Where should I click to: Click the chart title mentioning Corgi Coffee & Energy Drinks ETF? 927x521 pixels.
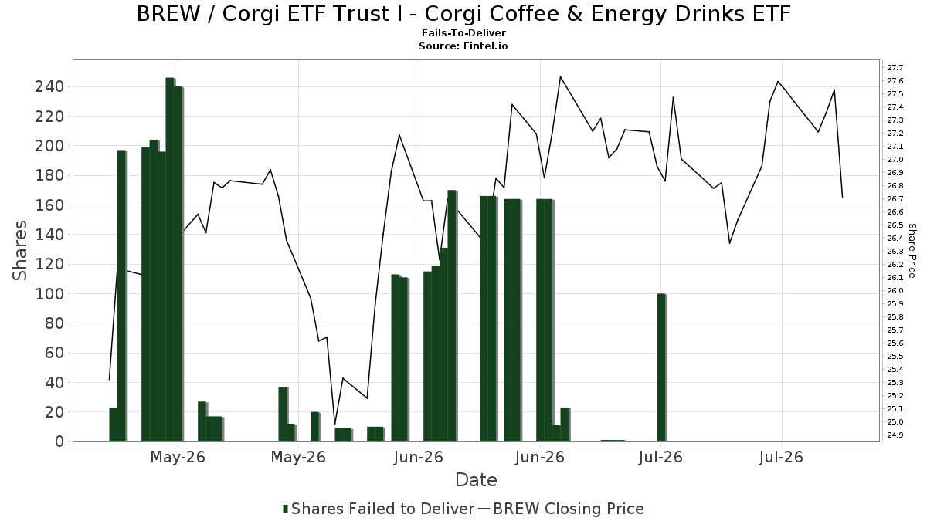pyautogui.click(x=463, y=14)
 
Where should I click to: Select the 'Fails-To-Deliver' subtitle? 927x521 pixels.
pyautogui.click(x=463, y=32)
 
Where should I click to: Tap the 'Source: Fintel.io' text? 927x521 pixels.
pyautogui.click(x=463, y=46)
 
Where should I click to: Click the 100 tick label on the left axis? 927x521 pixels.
pyautogui.click(x=55, y=294)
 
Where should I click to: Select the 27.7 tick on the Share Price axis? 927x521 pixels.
pyautogui.click(x=894, y=67)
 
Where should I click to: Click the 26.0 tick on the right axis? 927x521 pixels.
pyautogui.click(x=894, y=291)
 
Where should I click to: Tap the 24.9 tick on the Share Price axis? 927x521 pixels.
pyautogui.click(x=894, y=435)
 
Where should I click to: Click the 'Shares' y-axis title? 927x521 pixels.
pyautogui.click(x=19, y=251)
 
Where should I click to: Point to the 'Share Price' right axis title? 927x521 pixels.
pyautogui.click(x=912, y=251)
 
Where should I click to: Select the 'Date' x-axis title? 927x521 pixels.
pyautogui.click(x=476, y=480)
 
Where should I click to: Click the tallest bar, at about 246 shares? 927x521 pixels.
pyautogui.click(x=170, y=259)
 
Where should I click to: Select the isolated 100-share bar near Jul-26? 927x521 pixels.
pyautogui.click(x=661, y=367)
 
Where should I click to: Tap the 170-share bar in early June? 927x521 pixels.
pyautogui.click(x=452, y=316)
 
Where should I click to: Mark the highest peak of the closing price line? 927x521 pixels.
pyautogui.click(x=560, y=76)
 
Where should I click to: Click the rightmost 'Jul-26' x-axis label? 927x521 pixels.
pyautogui.click(x=781, y=457)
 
